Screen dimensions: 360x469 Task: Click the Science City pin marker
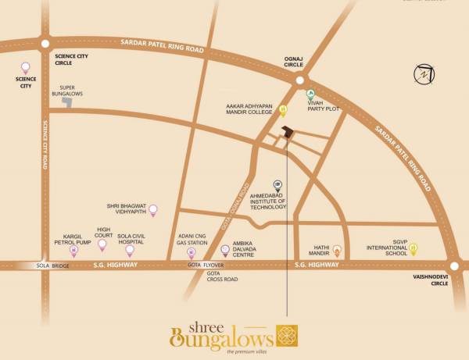pos(24,67)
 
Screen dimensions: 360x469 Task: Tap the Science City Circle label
pos(72,61)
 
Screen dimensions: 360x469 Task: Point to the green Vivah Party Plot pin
pos(310,97)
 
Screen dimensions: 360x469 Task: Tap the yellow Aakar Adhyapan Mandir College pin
pos(283,110)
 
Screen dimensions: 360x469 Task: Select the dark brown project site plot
pos(288,134)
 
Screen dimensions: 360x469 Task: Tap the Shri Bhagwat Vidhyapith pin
pos(153,209)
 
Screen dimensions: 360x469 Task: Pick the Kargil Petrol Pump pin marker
pos(74,251)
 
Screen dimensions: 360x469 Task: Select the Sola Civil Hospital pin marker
pos(130,250)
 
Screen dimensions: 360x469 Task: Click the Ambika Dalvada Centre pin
pos(226,251)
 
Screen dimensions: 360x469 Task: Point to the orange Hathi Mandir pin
pos(337,251)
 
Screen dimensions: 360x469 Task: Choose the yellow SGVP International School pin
pos(414,250)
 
